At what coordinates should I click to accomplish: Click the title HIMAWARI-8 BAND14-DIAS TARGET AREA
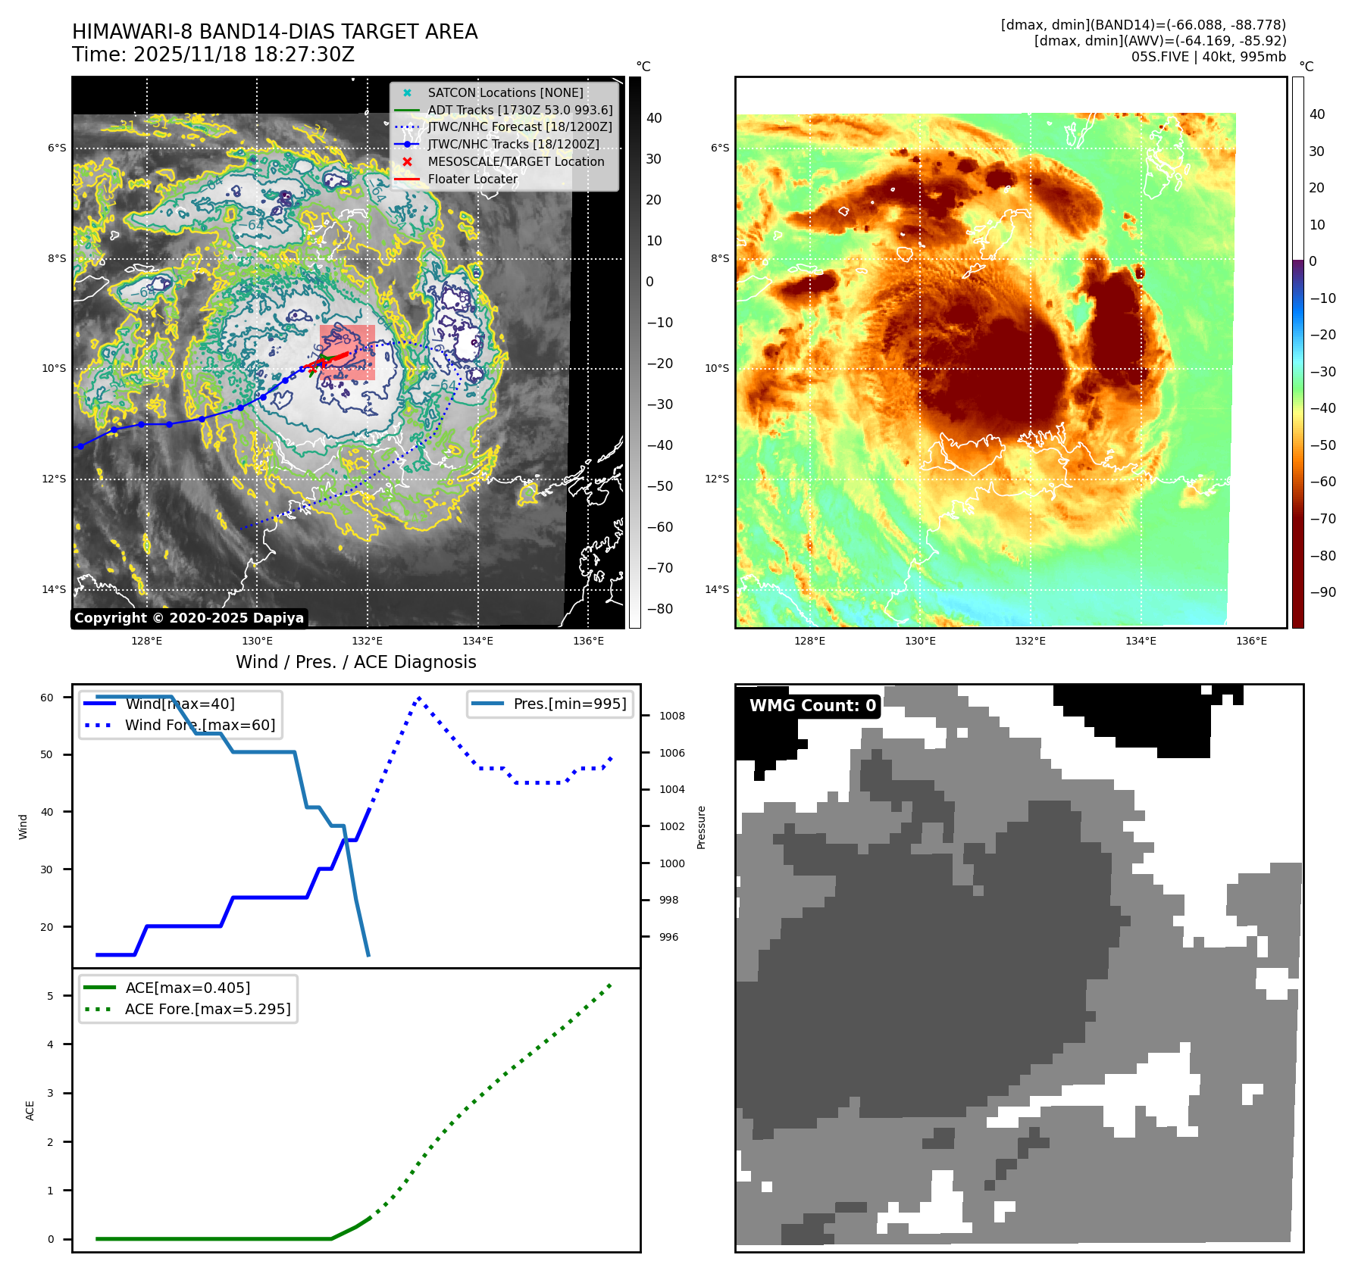pyautogui.click(x=274, y=32)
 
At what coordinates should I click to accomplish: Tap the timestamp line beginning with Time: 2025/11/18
pyautogui.click(x=213, y=55)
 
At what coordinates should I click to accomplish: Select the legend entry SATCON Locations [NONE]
pyautogui.click(x=505, y=92)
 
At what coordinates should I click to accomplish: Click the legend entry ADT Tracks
pyautogui.click(x=520, y=110)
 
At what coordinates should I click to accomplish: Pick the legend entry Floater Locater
pyautogui.click(x=472, y=179)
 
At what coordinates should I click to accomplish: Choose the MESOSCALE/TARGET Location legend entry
pyautogui.click(x=515, y=161)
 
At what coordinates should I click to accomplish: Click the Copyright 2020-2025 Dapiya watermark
pyautogui.click(x=189, y=618)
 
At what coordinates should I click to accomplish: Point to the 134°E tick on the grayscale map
pyautogui.click(x=477, y=641)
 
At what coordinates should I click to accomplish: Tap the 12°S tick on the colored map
pyautogui.click(x=716, y=479)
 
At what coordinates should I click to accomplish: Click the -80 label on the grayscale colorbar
pyautogui.click(x=659, y=609)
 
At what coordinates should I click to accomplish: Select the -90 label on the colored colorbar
pyautogui.click(x=1322, y=592)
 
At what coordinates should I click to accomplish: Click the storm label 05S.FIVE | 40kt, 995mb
pyautogui.click(x=1208, y=57)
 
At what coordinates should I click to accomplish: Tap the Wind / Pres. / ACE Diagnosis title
pyautogui.click(x=355, y=662)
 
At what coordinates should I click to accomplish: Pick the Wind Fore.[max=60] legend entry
pyautogui.click(x=199, y=725)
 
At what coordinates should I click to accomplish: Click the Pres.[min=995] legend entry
pyautogui.click(x=569, y=704)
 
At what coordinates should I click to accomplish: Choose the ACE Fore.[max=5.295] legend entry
pyautogui.click(x=207, y=1009)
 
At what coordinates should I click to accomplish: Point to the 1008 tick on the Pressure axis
pyautogui.click(x=671, y=716)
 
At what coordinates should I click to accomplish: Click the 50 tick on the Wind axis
pyautogui.click(x=47, y=754)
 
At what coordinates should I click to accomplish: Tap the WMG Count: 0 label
pyautogui.click(x=812, y=706)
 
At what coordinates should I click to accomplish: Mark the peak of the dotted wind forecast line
pyautogui.click(x=419, y=698)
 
